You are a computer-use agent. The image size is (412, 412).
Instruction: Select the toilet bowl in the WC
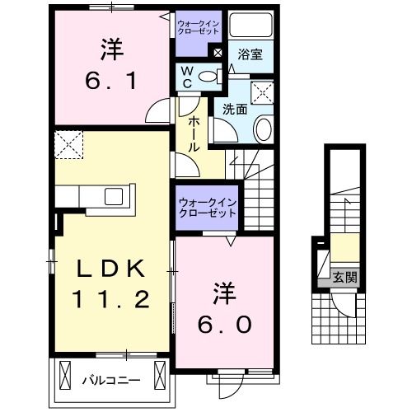(x=211, y=77)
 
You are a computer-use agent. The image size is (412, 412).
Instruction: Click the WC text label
(x=186, y=77)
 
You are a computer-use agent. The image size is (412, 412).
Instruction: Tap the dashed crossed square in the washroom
(x=263, y=91)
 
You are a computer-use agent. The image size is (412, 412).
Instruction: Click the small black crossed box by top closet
(x=217, y=54)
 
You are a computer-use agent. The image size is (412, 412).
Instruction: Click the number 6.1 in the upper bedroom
(x=113, y=82)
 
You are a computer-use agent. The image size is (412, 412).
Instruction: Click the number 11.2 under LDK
(x=113, y=298)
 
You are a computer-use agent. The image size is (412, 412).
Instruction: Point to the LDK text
(x=113, y=269)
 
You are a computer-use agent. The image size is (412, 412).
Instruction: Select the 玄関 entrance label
(x=345, y=278)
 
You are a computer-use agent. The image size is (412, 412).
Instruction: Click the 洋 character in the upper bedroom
(x=113, y=49)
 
